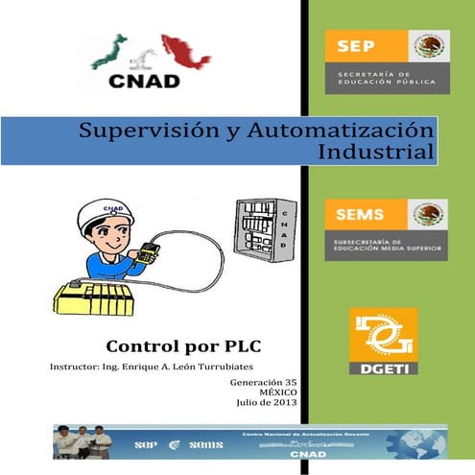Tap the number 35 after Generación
[290, 382]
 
